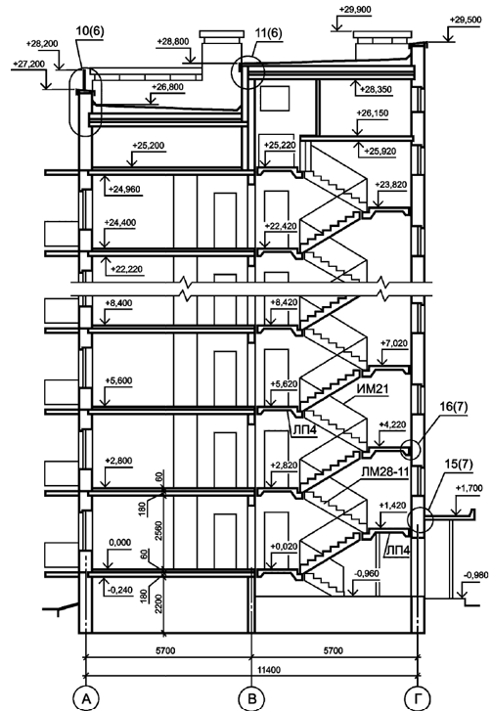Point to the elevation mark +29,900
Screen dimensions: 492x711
click(355, 10)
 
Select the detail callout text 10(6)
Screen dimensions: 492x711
click(90, 31)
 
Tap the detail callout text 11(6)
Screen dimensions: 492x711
click(268, 33)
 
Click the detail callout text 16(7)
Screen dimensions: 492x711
click(454, 407)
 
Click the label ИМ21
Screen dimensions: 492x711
click(374, 389)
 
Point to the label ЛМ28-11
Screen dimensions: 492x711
click(385, 472)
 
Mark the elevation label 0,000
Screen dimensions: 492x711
click(120, 543)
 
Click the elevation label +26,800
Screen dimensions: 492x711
click(168, 87)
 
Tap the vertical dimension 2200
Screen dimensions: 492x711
click(158, 603)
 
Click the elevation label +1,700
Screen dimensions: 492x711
click(469, 488)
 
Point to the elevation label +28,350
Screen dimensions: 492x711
click(376, 90)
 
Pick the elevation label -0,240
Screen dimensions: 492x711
click(120, 591)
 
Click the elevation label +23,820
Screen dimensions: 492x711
click(391, 185)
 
